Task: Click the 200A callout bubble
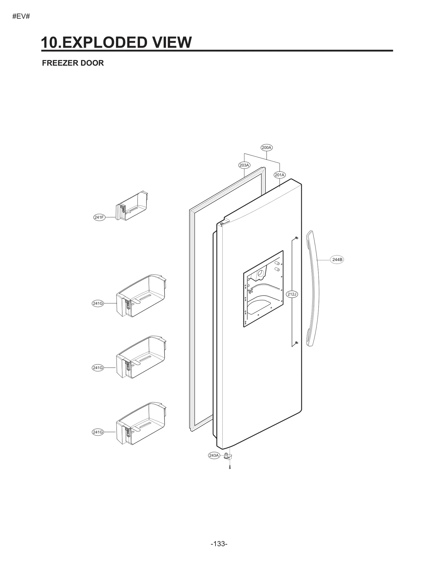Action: [x=267, y=148]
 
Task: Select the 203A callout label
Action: [x=244, y=165]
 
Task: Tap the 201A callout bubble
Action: [x=279, y=175]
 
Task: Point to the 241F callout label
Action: [x=99, y=217]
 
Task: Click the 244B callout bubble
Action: [x=337, y=260]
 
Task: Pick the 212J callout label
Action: [x=292, y=294]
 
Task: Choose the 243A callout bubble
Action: [x=214, y=455]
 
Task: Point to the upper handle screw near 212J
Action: [x=296, y=238]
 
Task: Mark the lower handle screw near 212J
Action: [x=296, y=343]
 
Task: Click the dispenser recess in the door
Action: [x=263, y=289]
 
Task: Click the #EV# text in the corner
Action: [x=21, y=16]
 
